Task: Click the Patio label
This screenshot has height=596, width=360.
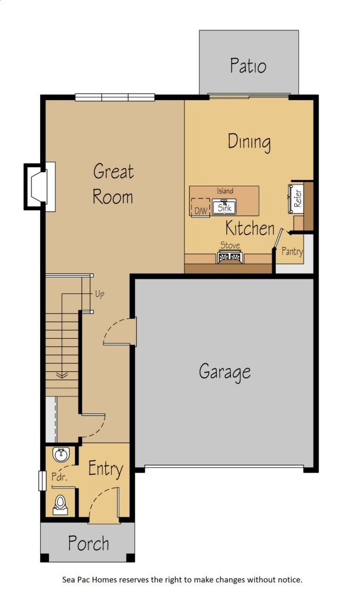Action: (x=248, y=65)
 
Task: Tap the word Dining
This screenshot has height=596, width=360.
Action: (x=249, y=141)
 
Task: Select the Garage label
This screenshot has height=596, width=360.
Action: (x=224, y=371)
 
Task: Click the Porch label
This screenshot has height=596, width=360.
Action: (x=88, y=543)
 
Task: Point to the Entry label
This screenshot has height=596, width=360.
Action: (x=105, y=469)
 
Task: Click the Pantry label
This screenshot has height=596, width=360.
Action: (x=292, y=251)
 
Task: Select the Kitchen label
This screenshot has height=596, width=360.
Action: (x=249, y=228)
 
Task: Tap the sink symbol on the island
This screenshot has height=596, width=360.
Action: (x=224, y=207)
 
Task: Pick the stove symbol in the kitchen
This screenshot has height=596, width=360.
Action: (x=229, y=256)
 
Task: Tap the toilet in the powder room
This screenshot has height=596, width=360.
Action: (x=60, y=504)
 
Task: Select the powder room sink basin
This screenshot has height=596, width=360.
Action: (x=60, y=454)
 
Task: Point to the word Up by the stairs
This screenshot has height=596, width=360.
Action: (x=99, y=295)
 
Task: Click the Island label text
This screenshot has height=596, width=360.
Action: (x=225, y=191)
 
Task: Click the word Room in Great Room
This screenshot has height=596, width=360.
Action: (x=113, y=197)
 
